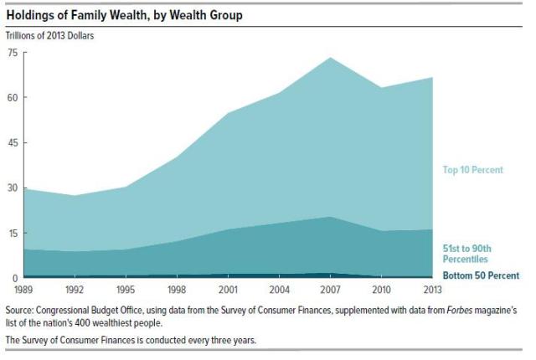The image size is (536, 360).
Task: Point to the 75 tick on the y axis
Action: [x=12, y=52]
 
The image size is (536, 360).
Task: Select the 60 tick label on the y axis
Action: [x=12, y=97]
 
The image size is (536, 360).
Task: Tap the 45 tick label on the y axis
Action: [x=12, y=142]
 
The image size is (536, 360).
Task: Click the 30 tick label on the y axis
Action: [x=12, y=188]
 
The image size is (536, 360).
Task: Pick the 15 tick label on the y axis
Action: [x=12, y=233]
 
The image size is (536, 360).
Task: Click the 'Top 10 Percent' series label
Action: [x=472, y=170]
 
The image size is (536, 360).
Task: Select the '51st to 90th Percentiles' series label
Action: [x=472, y=254]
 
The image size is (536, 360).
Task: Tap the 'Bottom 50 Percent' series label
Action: [x=481, y=275]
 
